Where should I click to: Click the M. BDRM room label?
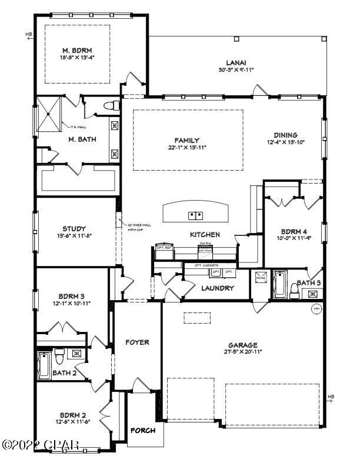coord(79,50)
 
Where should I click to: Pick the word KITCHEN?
coord(205,235)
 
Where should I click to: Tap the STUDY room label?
coord(74,229)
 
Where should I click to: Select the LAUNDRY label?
coord(218,288)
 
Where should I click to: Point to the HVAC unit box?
coord(262,278)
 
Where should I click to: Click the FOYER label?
coord(137,342)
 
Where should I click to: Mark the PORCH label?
coord(142,431)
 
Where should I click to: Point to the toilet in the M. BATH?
coord(108,106)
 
